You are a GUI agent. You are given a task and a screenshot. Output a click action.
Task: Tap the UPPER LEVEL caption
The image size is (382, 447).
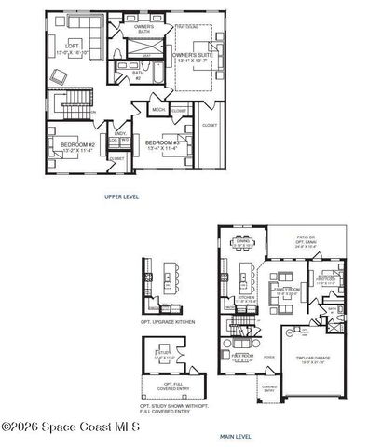[x=121, y=197]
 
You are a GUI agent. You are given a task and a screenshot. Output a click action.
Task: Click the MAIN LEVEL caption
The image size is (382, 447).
[x=236, y=435]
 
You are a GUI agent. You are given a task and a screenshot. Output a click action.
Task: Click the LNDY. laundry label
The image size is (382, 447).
[x=120, y=133]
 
